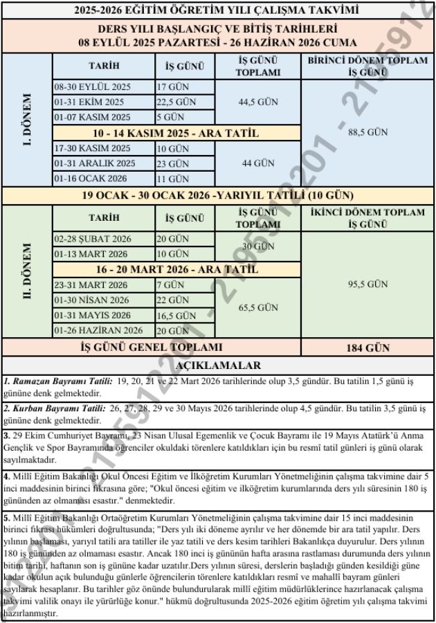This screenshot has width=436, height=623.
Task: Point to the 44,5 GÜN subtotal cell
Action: click(257, 102)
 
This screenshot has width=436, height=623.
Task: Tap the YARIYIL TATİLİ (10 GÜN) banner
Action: click(218, 195)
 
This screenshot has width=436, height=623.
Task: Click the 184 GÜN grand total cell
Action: click(367, 347)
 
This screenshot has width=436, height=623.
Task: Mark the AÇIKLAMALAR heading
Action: click(218, 365)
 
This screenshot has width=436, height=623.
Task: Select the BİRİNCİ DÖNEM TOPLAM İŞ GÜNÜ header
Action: click(367, 66)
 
